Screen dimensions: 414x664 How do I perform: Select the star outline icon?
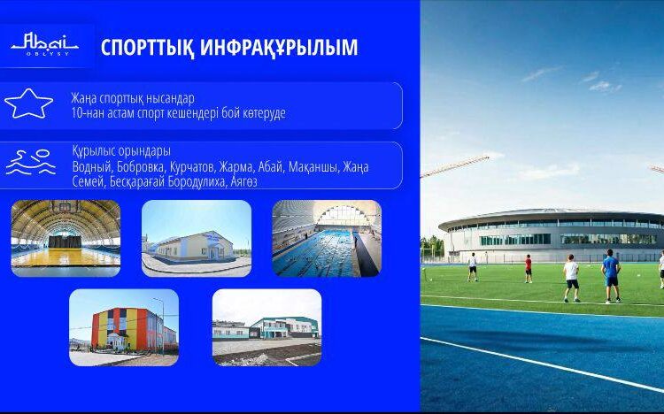coord(28,103)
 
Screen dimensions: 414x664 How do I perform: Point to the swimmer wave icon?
coord(30,163)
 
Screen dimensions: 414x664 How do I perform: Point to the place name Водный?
coord(90,166)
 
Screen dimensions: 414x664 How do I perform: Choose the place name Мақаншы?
coord(313,166)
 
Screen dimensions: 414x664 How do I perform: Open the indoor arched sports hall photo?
coord(66,238)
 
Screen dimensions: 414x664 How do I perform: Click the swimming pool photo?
coord(327,238)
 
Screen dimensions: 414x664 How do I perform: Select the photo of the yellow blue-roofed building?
coord(196,238)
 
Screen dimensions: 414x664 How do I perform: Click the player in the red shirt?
coord(529,267)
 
